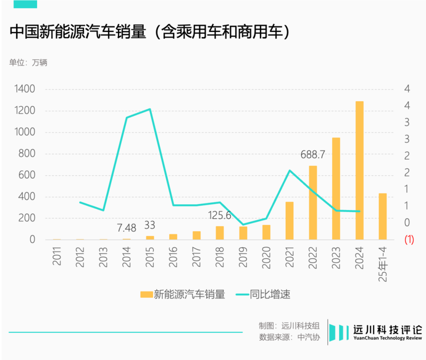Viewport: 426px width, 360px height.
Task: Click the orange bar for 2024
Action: pyautogui.click(x=360, y=170)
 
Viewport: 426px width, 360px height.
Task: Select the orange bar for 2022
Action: pyautogui.click(x=313, y=203)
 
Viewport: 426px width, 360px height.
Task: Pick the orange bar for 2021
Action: pyautogui.click(x=290, y=220)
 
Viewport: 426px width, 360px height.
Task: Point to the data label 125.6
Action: pyautogui.click(x=219, y=215)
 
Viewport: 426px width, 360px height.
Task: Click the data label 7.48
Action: pyautogui.click(x=127, y=228)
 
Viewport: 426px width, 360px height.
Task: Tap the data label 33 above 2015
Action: pyautogui.click(x=150, y=225)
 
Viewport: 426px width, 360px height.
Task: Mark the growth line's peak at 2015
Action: pyautogui.click(x=150, y=109)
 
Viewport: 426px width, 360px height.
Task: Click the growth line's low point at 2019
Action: pyautogui.click(x=243, y=224)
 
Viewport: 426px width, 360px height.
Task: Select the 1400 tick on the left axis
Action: pyautogui.click(x=24, y=89)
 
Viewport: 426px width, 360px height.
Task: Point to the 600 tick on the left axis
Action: pyautogui.click(x=26, y=175)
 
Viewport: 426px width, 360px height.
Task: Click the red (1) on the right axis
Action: pyautogui.click(x=409, y=240)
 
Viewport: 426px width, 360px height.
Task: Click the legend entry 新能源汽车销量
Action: pyautogui.click(x=183, y=294)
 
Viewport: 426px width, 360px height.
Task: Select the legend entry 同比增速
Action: pyautogui.click(x=264, y=294)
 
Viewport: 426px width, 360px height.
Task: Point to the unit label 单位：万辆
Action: pyautogui.click(x=28, y=63)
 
